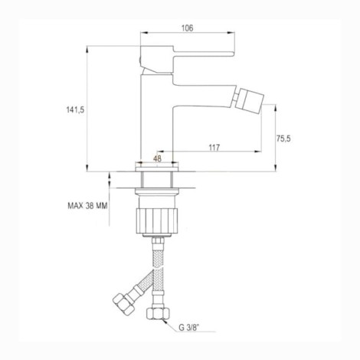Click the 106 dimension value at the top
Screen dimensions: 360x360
tap(188, 28)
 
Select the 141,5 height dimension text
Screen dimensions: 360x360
tap(75, 110)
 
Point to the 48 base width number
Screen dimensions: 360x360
tap(157, 159)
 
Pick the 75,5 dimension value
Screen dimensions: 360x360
tap(283, 138)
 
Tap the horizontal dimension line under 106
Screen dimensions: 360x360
tap(188, 34)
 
